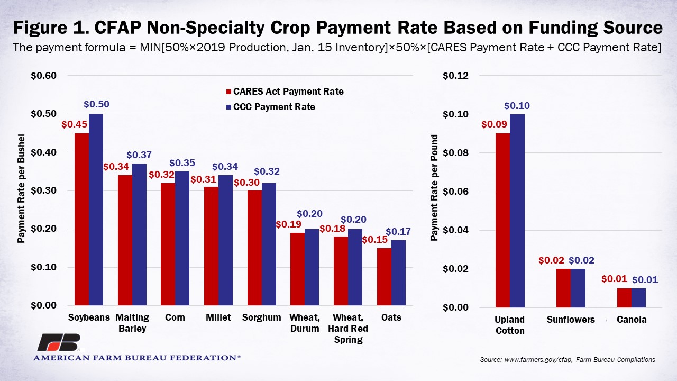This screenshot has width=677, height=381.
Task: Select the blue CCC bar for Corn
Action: [182, 238]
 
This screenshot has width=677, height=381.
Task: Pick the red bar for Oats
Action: [384, 277]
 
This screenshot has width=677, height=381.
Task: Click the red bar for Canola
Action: [624, 298]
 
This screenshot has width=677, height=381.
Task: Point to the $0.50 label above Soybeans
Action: [96, 104]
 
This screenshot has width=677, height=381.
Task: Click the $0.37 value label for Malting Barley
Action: [139, 155]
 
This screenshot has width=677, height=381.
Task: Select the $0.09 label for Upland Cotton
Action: [495, 124]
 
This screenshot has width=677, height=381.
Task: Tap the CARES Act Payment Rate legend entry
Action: [284, 92]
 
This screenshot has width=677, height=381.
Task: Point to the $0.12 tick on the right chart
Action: [456, 76]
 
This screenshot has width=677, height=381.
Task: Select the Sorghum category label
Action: [262, 317]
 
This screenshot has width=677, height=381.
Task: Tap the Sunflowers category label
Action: [571, 320]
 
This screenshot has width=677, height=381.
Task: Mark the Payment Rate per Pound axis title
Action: [434, 188]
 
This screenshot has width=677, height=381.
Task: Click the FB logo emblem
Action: [58, 343]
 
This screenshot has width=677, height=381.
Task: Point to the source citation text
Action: [568, 360]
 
